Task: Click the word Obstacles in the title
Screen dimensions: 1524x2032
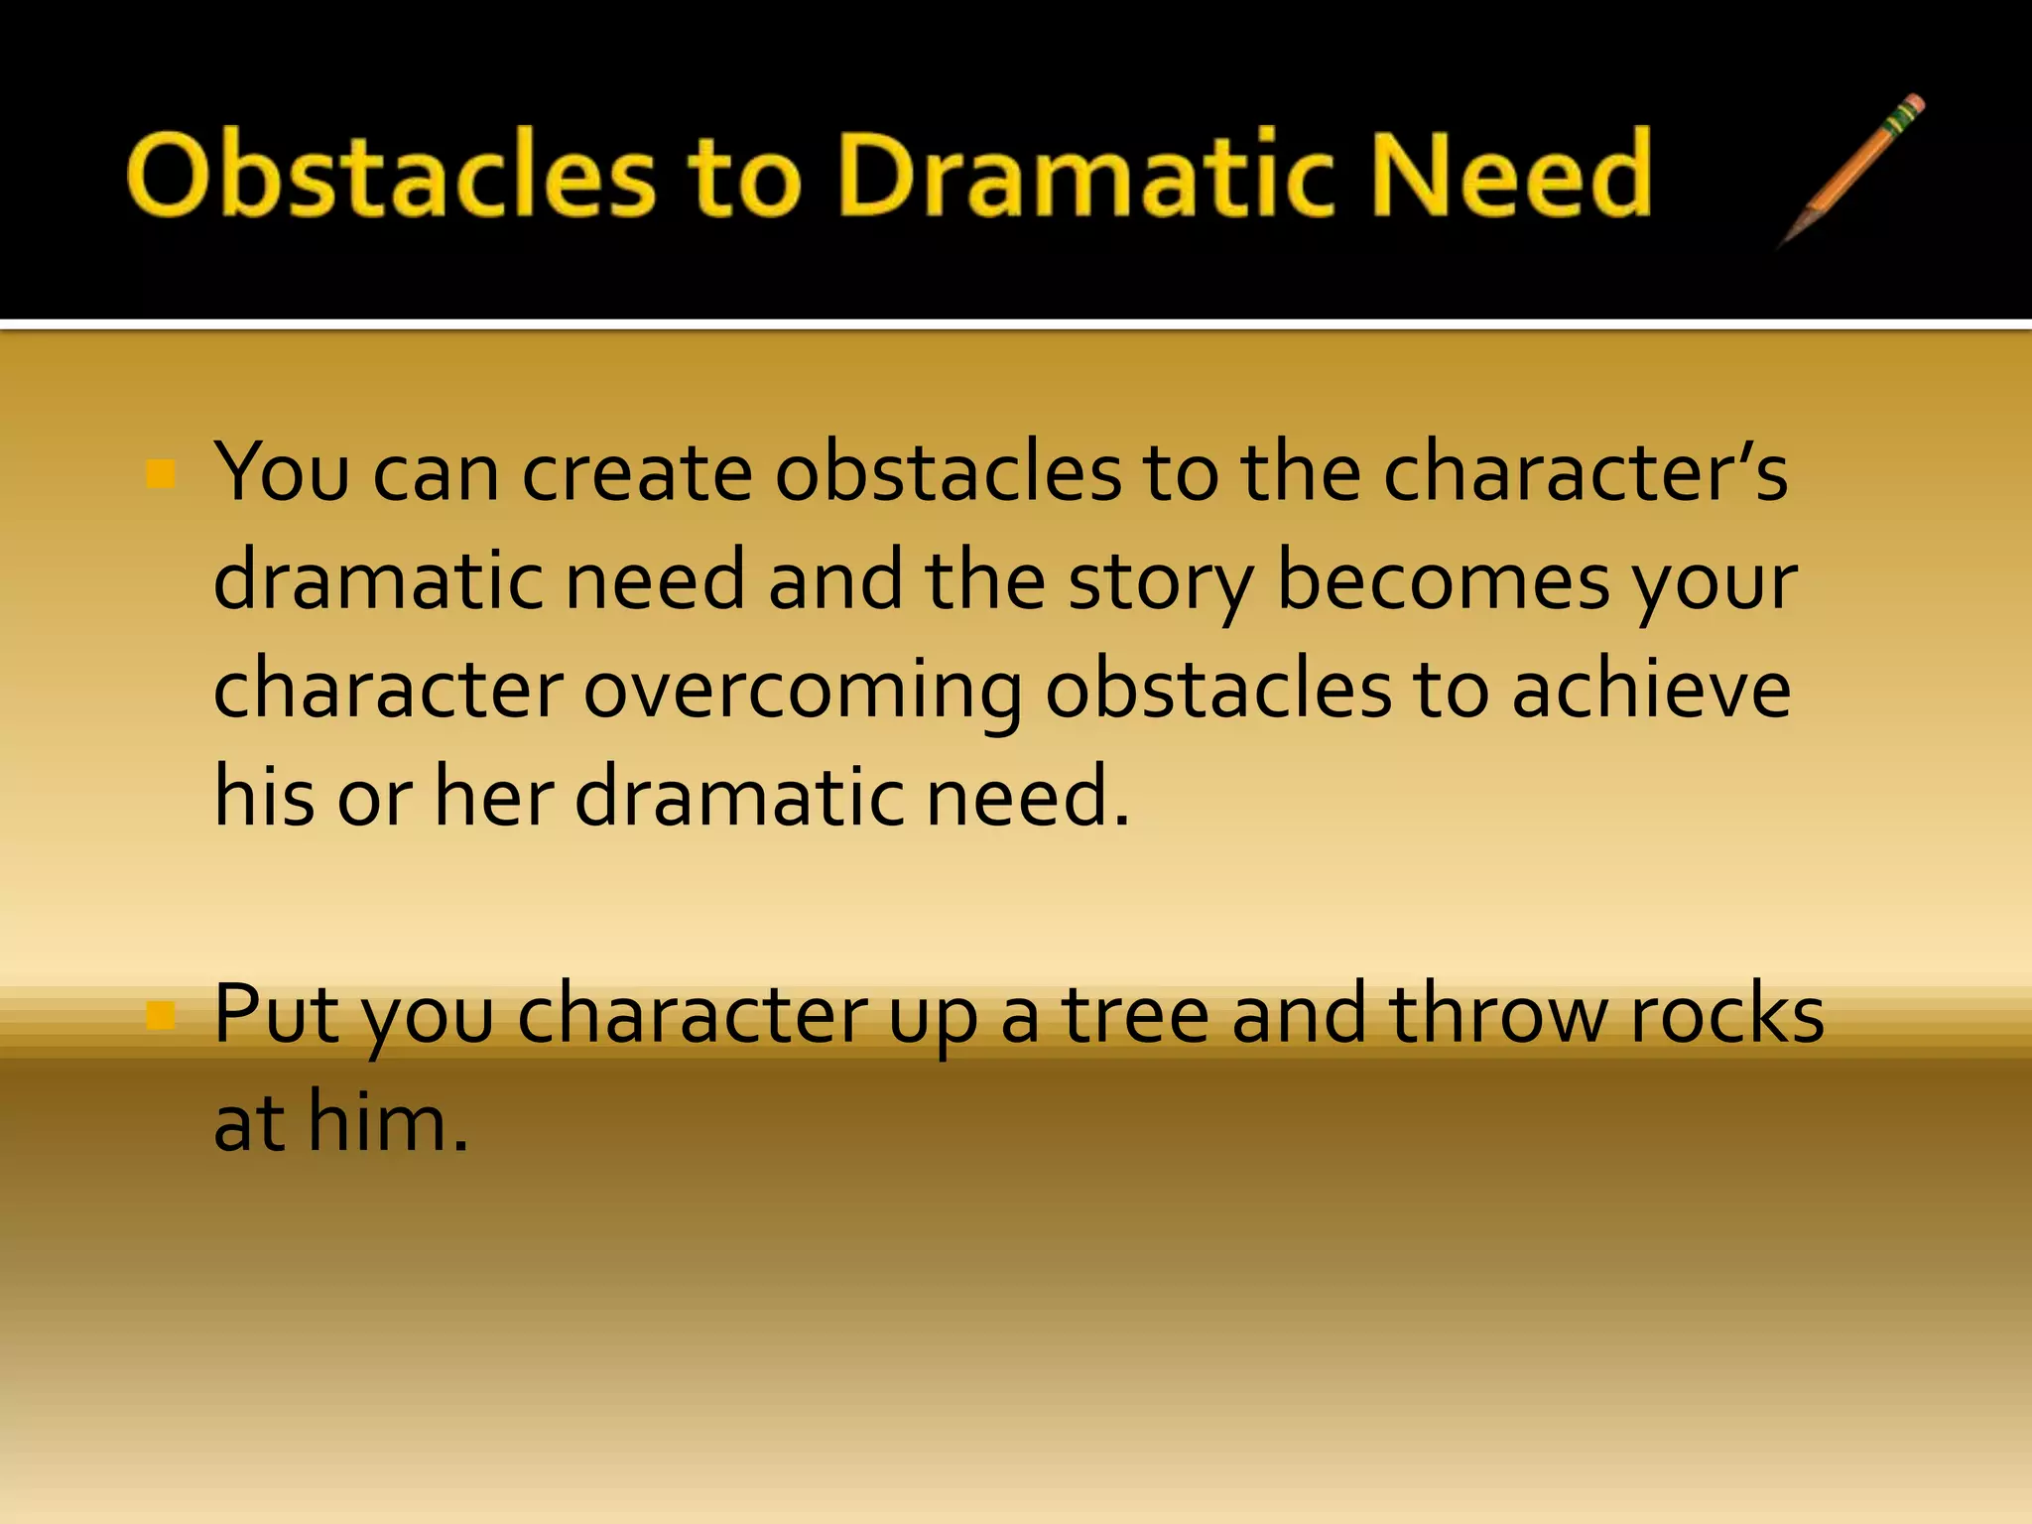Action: tap(391, 176)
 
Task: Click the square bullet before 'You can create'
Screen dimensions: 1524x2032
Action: tap(160, 474)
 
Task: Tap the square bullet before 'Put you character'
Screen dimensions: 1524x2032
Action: tap(160, 1015)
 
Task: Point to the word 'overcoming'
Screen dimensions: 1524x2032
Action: tap(802, 693)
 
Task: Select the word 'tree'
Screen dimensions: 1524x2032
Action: tap(1136, 1015)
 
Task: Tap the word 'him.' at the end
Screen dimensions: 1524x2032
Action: tap(388, 1122)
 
